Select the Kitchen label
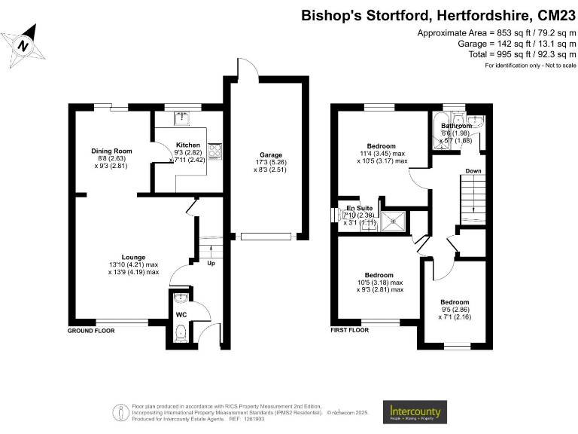pyautogui.click(x=188, y=145)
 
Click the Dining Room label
pyautogui.click(x=111, y=151)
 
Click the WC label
pyautogui.click(x=181, y=314)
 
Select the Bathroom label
pyautogui.click(x=456, y=126)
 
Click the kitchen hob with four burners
pyautogui.click(x=213, y=151)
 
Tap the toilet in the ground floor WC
pyautogui.click(x=180, y=332)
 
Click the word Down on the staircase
pyautogui.click(x=473, y=171)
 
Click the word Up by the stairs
pyautogui.click(x=212, y=263)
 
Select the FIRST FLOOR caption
pyautogui.click(x=350, y=330)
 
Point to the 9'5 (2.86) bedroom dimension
pyautogui.click(x=455, y=310)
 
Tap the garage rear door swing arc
pyautogui.click(x=247, y=67)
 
